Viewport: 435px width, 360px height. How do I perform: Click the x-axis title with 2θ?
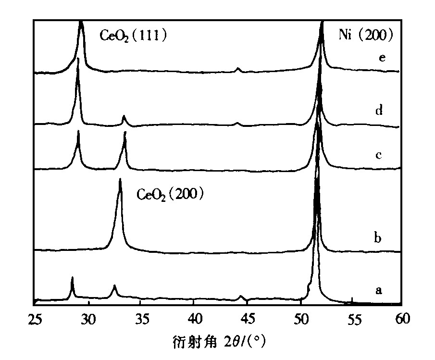coord(219,343)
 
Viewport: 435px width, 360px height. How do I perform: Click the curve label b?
coord(378,238)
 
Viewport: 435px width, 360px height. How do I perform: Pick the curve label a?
coord(379,290)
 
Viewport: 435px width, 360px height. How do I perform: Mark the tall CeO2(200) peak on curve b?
coord(120,181)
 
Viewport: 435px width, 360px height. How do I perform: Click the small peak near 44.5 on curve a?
coord(241,297)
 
